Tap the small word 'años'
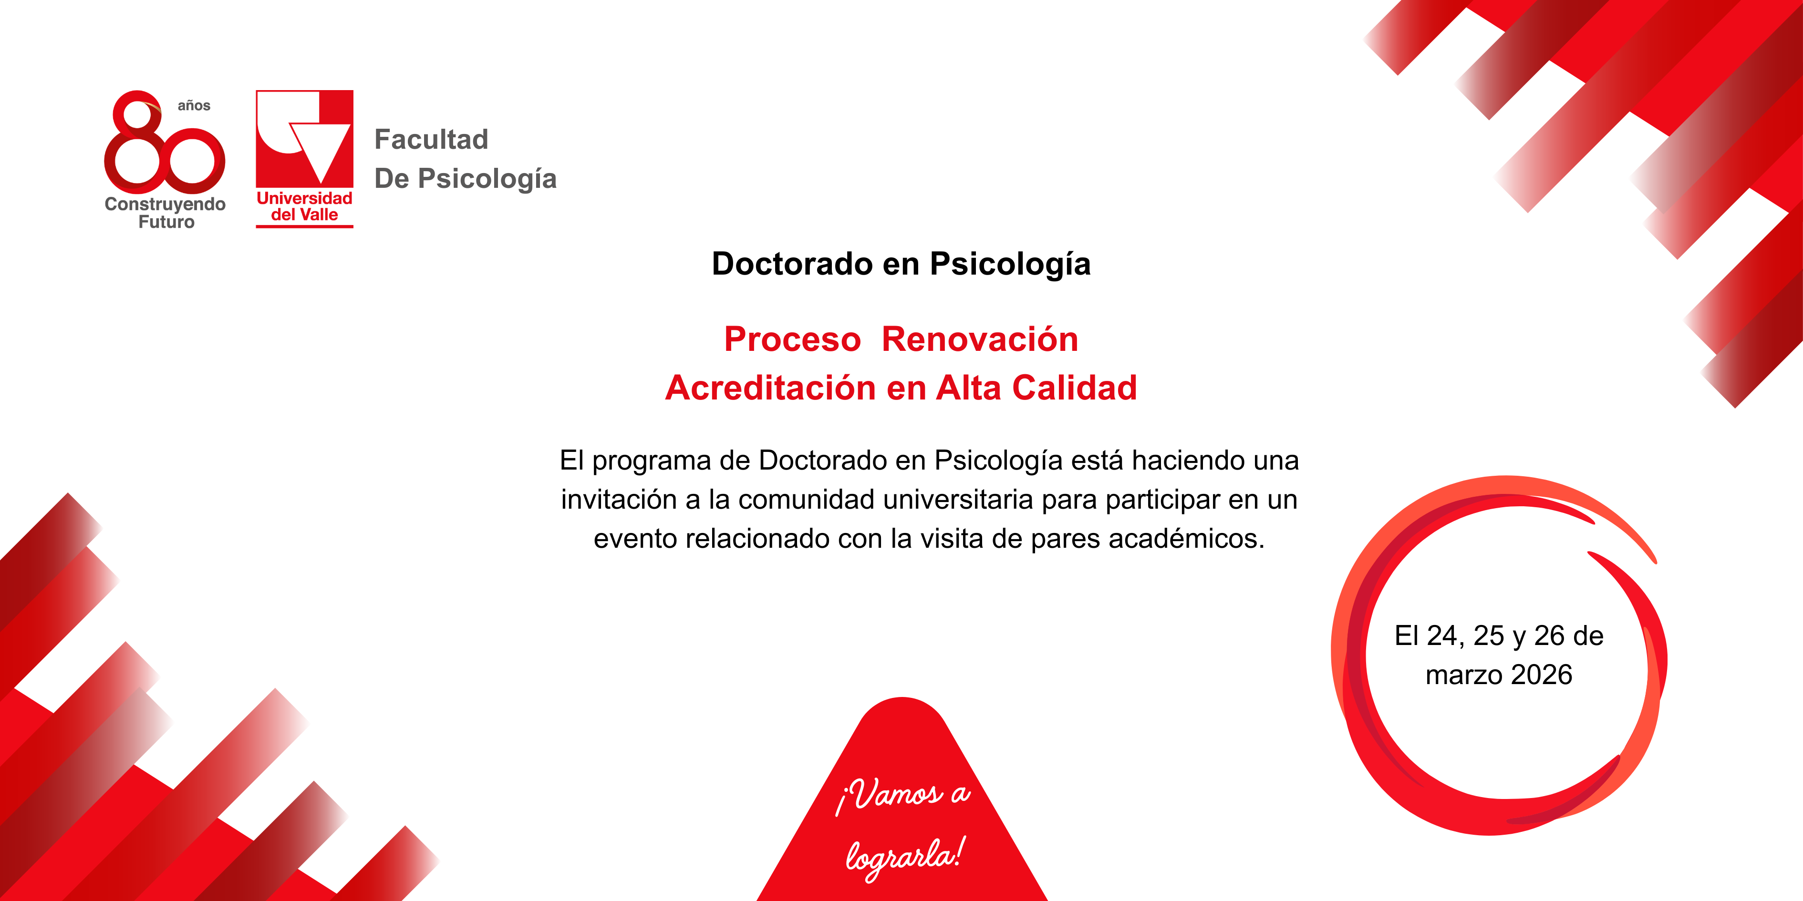tap(194, 106)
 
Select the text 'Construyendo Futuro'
tap(165, 213)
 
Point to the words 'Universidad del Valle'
tap(304, 206)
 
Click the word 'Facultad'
tap(431, 139)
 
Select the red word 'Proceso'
tap(792, 339)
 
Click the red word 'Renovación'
tap(980, 339)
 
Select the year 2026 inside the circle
tap(1542, 675)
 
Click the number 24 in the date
tap(1442, 636)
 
